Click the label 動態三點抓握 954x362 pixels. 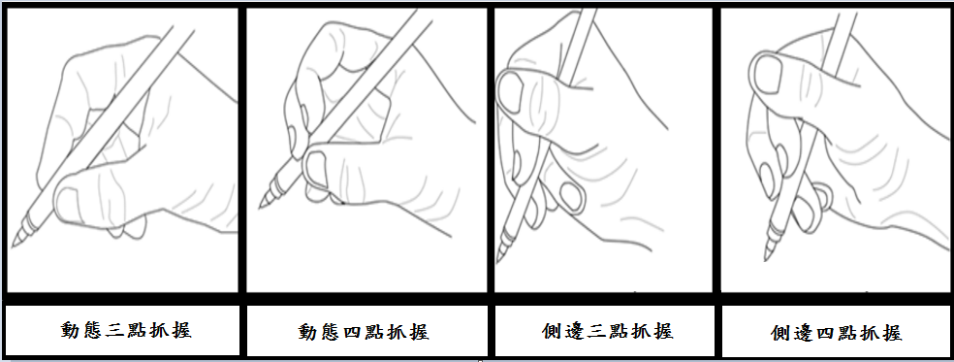[126, 330]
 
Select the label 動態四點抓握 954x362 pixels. [364, 332]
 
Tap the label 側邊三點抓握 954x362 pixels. [607, 331]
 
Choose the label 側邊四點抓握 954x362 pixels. [836, 333]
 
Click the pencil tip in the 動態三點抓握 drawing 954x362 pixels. [14, 246]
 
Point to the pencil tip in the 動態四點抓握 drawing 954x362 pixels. [261, 208]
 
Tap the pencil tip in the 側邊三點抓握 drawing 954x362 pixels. [498, 260]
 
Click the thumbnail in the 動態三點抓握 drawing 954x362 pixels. [66, 204]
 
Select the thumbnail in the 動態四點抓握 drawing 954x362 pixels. [315, 169]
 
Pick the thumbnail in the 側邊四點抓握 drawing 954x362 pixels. [767, 74]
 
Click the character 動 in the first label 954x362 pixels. [71, 330]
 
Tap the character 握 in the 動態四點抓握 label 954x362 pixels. [419, 332]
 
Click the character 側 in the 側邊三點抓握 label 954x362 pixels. [552, 331]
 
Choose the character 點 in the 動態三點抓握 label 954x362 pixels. [137, 330]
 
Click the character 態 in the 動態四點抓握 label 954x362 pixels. [331, 332]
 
